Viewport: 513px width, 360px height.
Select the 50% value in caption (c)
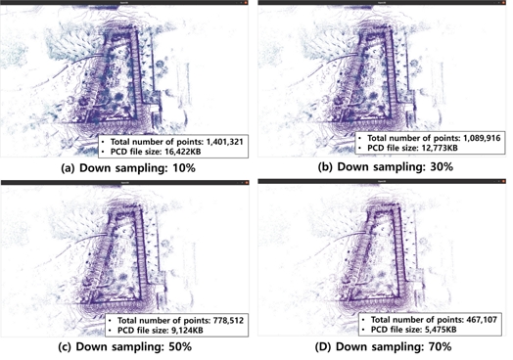click(179, 346)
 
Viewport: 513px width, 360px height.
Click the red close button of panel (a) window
click(248, 5)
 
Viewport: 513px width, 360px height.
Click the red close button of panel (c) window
click(248, 183)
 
